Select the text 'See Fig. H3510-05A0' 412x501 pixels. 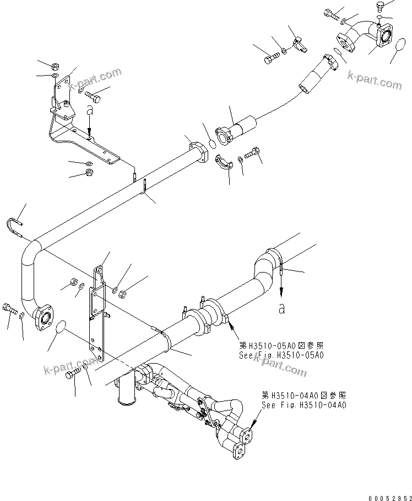pyautogui.click(x=281, y=355)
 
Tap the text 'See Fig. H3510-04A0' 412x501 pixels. pyautogui.click(x=303, y=405)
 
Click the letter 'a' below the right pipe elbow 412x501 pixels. pyautogui.click(x=282, y=308)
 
